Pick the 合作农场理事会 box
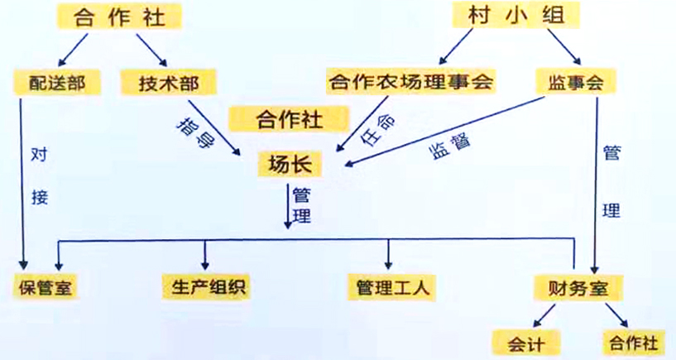click(x=410, y=81)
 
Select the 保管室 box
click(x=46, y=287)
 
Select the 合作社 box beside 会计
click(x=632, y=340)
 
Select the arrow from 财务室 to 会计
click(x=544, y=314)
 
